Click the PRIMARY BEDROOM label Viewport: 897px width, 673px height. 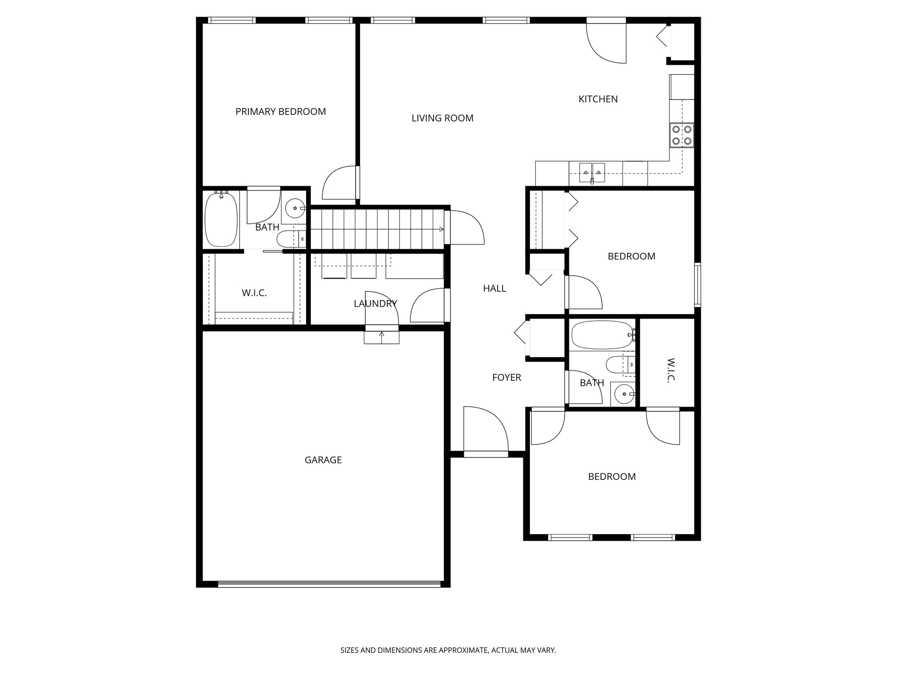[x=280, y=112]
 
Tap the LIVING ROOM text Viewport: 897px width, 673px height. [x=442, y=118]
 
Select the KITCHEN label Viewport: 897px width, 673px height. [x=598, y=99]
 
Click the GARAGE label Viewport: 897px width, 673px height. [x=323, y=460]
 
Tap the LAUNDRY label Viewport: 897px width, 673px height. [x=375, y=303]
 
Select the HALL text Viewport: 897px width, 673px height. [x=494, y=288]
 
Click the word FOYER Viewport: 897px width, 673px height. [x=506, y=377]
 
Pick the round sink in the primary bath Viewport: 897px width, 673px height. [x=295, y=208]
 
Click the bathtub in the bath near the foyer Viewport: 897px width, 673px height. [x=602, y=335]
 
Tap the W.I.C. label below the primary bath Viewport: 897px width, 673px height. [x=254, y=293]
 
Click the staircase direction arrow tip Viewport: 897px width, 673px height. [x=442, y=229]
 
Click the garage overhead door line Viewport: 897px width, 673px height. [x=329, y=584]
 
